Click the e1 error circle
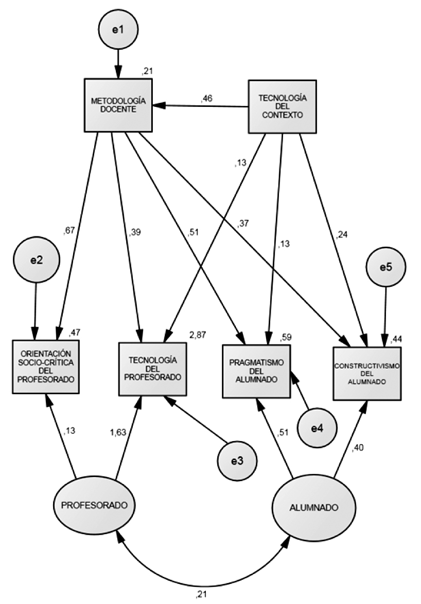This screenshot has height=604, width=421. pyautogui.click(x=118, y=30)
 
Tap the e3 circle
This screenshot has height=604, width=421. pyautogui.click(x=237, y=461)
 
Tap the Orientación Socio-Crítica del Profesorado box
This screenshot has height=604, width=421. pyautogui.click(x=46, y=366)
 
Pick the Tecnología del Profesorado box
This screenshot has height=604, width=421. pyautogui.click(x=151, y=369)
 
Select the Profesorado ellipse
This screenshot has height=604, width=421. pyautogui.click(x=94, y=505)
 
